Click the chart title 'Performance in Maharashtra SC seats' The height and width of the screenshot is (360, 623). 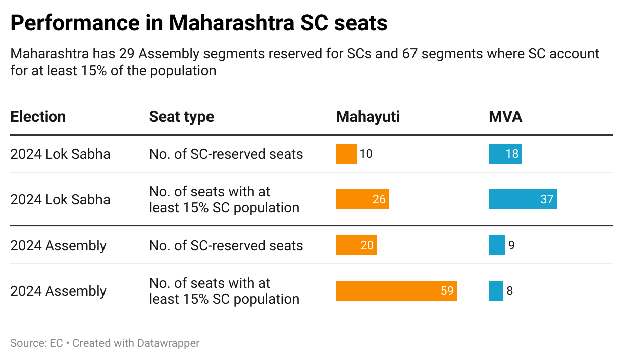[198, 23]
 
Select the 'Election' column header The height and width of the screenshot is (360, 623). [38, 117]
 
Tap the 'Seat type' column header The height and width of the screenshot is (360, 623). [181, 117]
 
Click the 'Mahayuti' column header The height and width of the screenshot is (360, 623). [368, 117]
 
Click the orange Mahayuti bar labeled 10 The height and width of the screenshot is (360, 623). [346, 154]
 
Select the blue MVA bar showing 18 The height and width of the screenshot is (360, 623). [505, 154]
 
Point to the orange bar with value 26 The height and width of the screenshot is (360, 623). [362, 199]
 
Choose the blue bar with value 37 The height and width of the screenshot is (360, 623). [523, 199]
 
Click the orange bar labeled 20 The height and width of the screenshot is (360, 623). [356, 245]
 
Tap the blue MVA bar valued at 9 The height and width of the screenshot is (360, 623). [497, 245]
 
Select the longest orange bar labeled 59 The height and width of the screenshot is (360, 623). [396, 291]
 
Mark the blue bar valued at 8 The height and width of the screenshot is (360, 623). [496, 291]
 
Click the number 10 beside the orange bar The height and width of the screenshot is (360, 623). [366, 154]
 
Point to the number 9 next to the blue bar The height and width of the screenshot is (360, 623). [511, 245]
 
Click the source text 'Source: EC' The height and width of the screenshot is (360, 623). [36, 343]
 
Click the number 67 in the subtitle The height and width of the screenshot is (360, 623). [410, 54]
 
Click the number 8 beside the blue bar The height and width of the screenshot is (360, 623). [510, 291]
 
